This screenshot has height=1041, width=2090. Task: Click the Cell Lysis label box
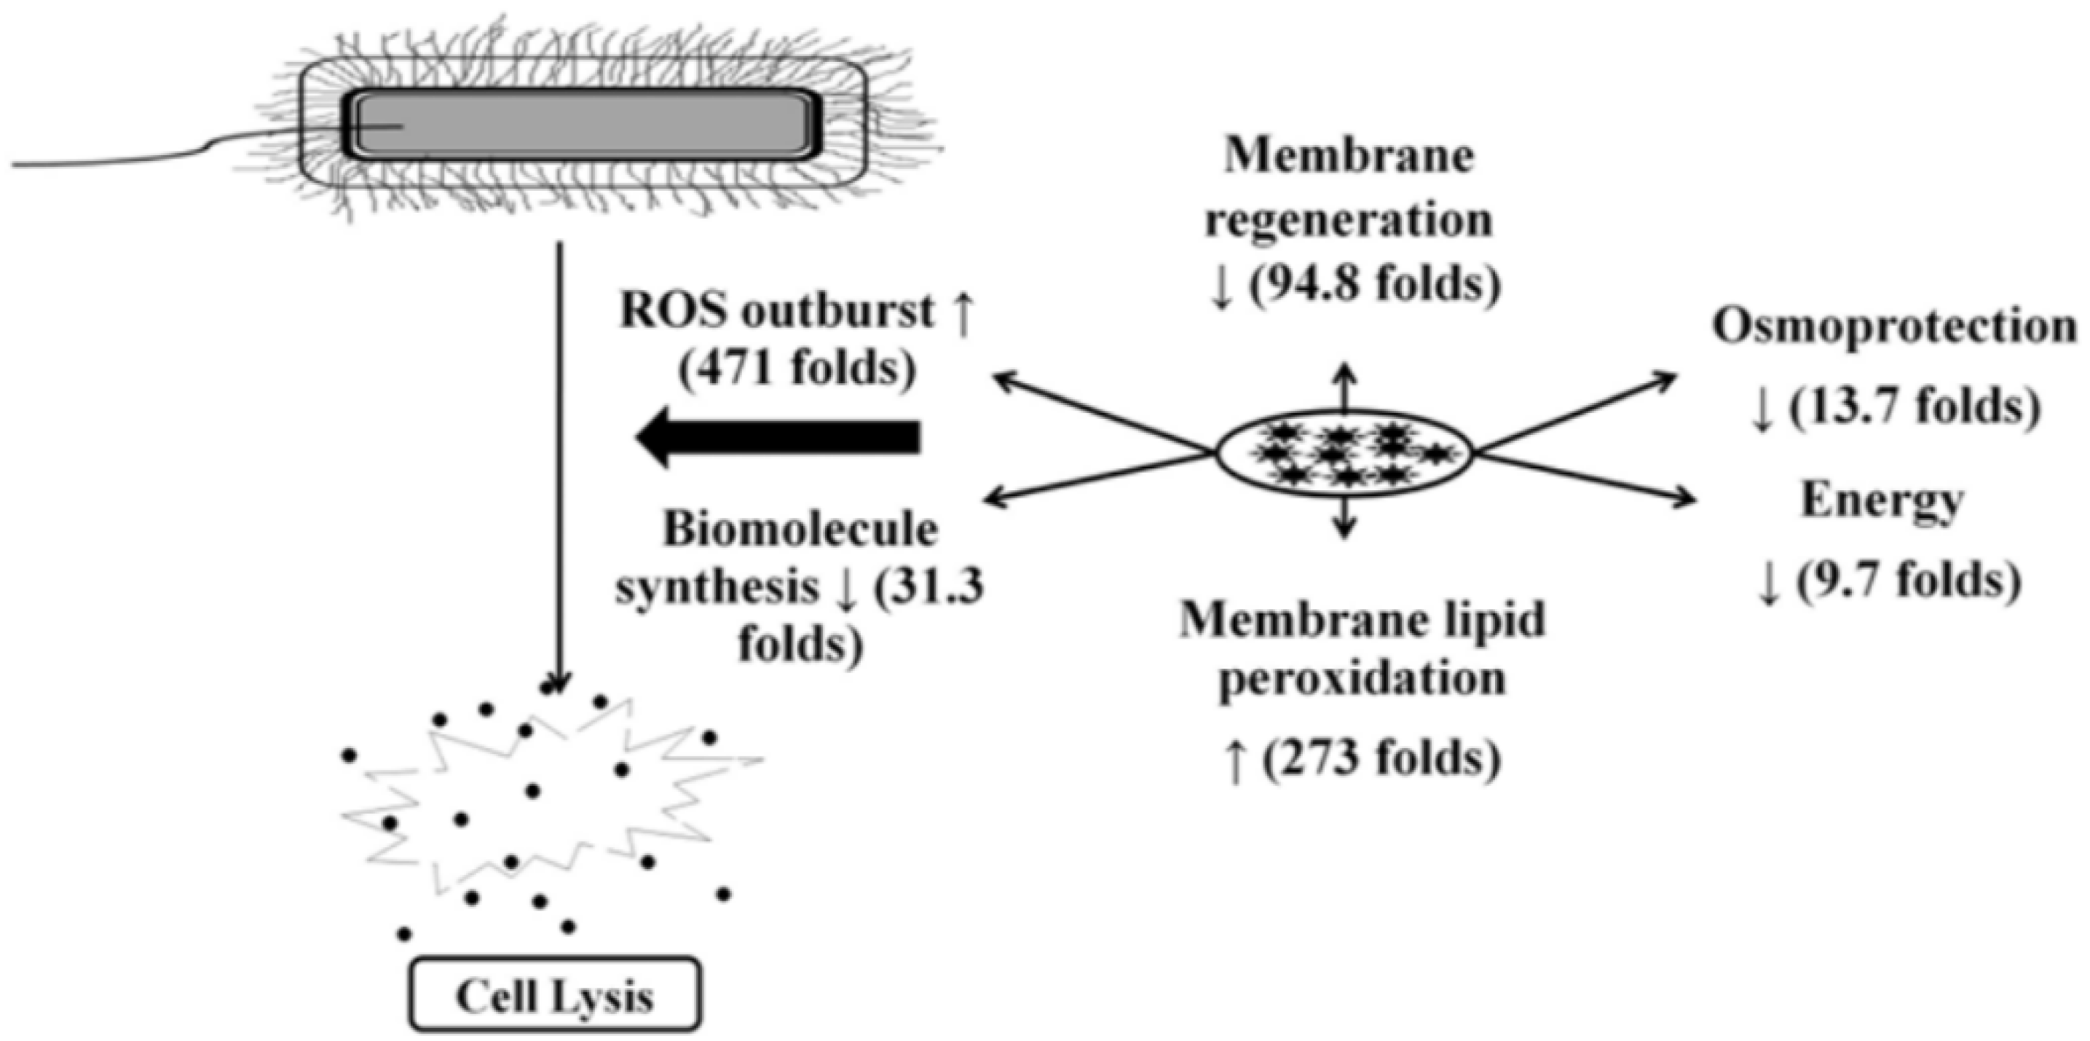pos(555,996)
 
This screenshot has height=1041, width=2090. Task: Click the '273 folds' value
pos(1379,758)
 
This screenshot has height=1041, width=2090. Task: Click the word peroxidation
pos(1363,678)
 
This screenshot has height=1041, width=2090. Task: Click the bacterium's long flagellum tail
pos(122,162)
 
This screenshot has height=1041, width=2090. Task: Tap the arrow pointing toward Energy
pos(1590,479)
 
